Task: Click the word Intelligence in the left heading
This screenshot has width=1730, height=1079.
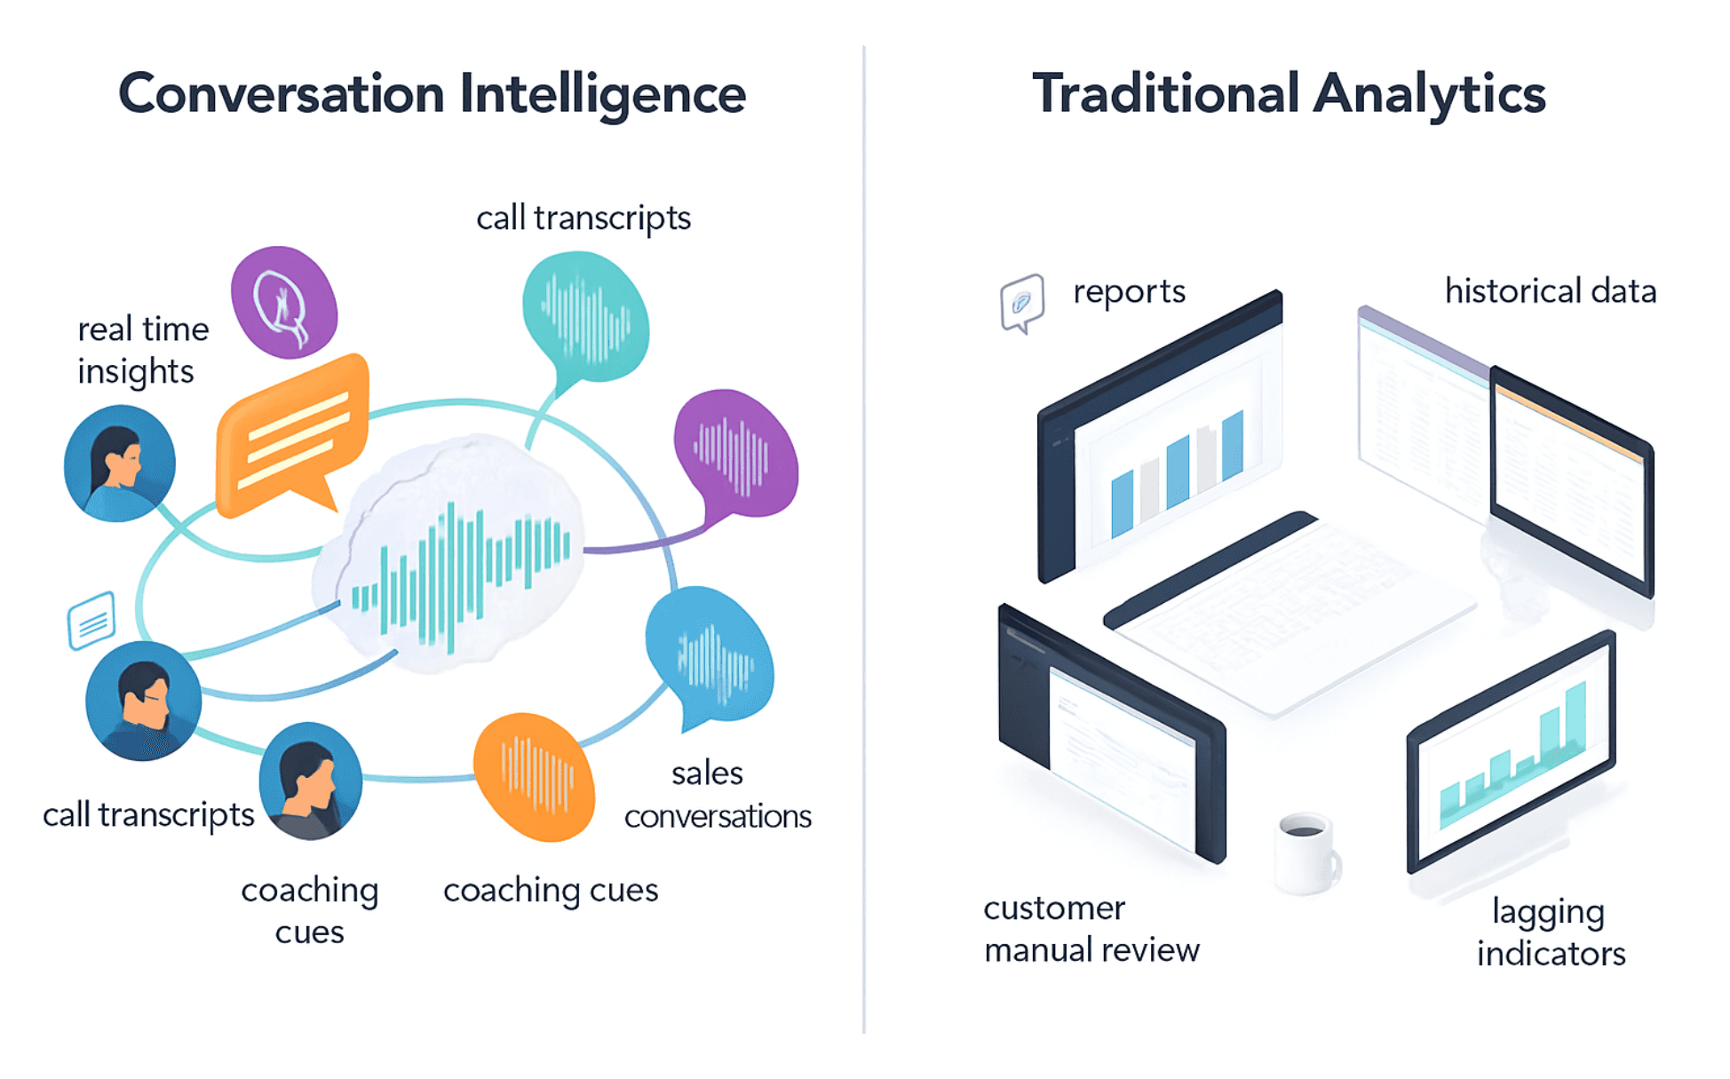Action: coord(602,94)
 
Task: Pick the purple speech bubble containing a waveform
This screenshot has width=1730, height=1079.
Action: coord(734,454)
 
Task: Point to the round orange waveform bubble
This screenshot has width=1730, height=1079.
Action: coord(534,776)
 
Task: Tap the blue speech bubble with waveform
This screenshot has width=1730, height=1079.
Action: coord(709,653)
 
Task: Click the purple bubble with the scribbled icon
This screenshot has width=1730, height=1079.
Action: coord(284,302)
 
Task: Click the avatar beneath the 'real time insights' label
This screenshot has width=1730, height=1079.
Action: coord(119,463)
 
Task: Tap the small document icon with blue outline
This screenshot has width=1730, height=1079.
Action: coord(91,620)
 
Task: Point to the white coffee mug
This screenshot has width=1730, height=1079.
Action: coord(1305,853)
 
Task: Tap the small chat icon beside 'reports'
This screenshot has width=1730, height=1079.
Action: coord(1022,302)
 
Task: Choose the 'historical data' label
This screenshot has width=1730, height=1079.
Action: coord(1550,291)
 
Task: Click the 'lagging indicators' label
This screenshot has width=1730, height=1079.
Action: coord(1551,932)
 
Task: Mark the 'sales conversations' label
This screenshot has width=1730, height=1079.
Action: coord(718,794)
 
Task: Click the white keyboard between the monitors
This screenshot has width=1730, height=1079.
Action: coord(1288,613)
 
